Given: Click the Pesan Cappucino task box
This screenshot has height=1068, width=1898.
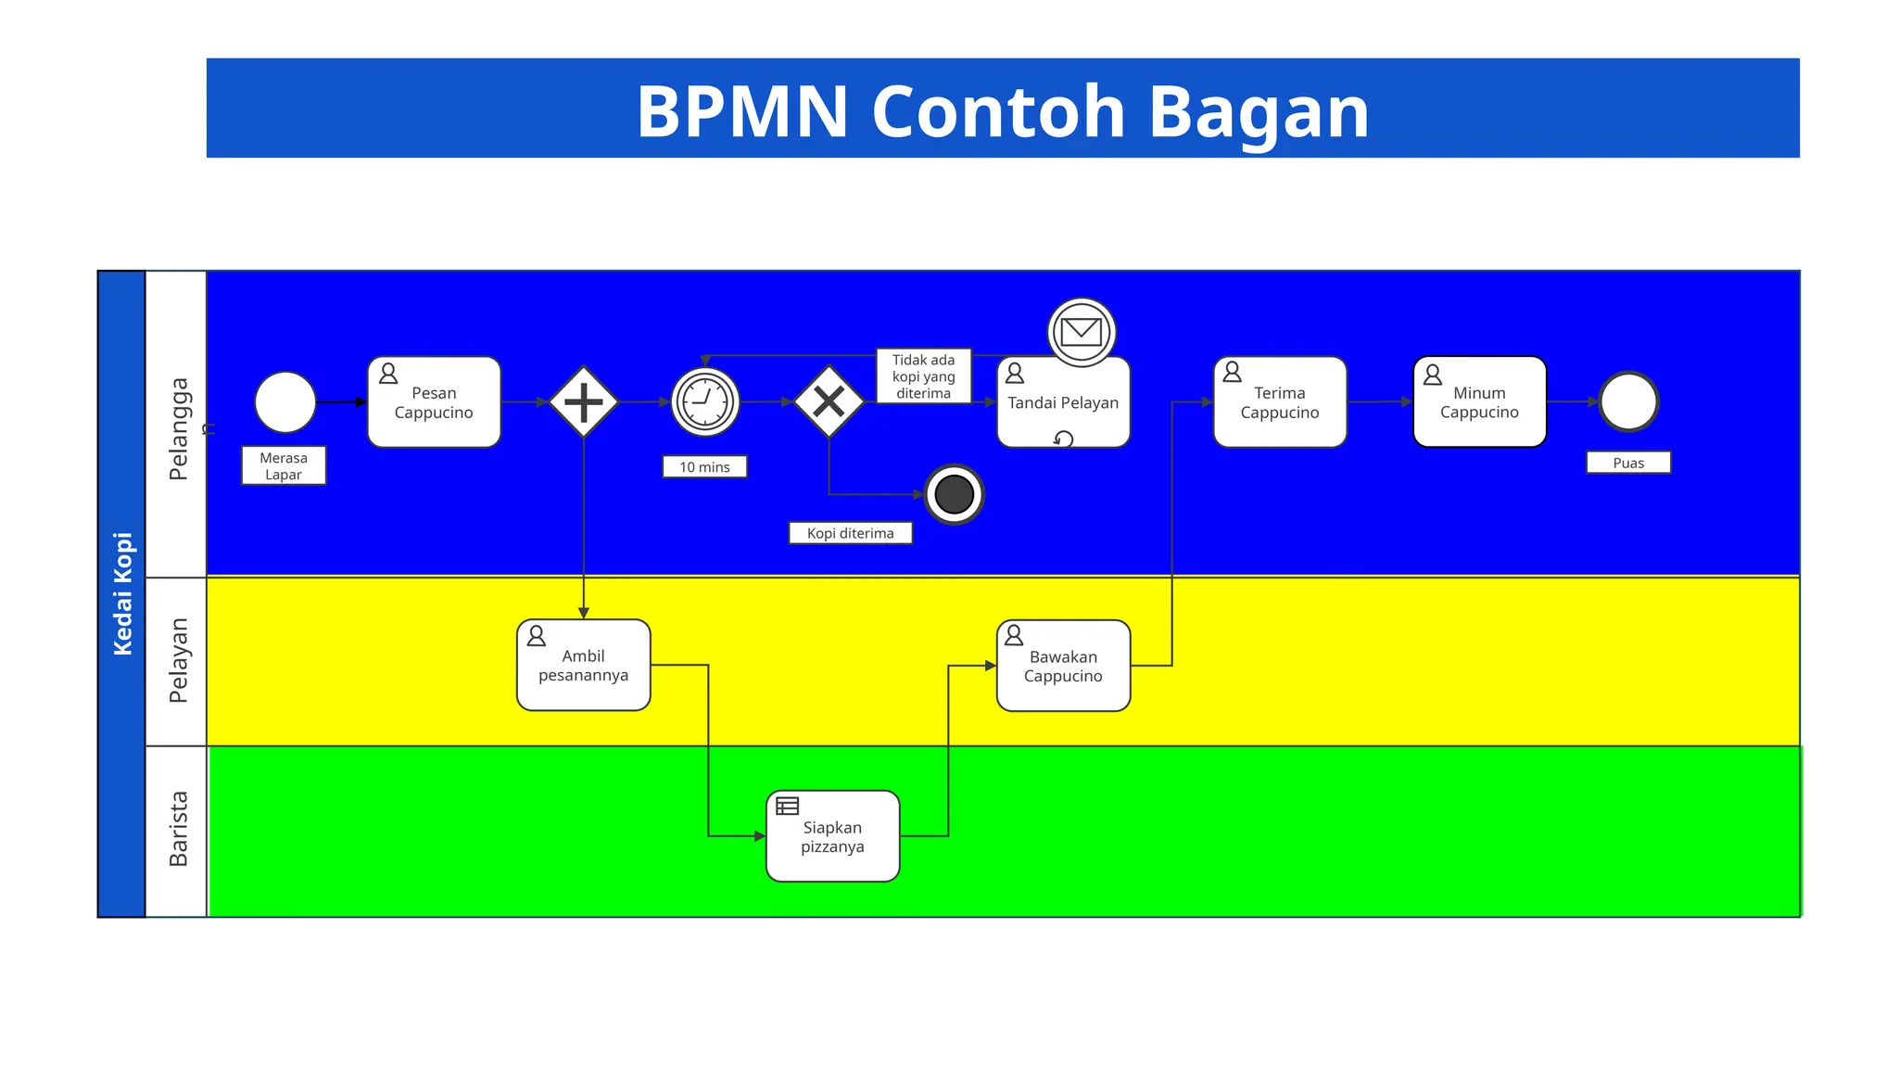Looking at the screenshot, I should (434, 402).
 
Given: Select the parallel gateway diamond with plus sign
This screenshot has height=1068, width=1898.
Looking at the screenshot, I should (583, 402).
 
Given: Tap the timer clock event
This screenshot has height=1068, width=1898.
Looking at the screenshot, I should (705, 402).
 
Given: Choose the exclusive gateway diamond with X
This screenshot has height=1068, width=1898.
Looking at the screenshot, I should (829, 401).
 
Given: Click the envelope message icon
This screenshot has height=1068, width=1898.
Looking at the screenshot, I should (1081, 331).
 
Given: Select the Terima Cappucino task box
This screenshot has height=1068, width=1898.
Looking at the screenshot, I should (1279, 402).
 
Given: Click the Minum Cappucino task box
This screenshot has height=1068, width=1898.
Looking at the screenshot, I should (1479, 402).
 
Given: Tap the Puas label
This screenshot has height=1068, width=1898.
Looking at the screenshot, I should (1627, 463).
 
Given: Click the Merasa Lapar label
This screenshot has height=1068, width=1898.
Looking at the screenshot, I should (284, 465).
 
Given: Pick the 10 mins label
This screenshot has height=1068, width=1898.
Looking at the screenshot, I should (704, 466).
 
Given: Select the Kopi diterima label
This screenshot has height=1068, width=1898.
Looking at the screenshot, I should (850, 533).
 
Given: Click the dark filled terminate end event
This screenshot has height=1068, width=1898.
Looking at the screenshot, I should (954, 494).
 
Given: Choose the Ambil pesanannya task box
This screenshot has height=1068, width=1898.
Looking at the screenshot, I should (583, 666).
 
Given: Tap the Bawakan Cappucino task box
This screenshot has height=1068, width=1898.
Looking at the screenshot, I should (1063, 666).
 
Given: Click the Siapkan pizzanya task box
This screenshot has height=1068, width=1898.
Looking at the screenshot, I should (832, 836).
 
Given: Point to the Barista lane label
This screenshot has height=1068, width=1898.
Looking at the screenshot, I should (177, 829).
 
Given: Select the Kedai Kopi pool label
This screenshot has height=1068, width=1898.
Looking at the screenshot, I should (122, 593).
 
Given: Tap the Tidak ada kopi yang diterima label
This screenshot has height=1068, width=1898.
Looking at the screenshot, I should (923, 376).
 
